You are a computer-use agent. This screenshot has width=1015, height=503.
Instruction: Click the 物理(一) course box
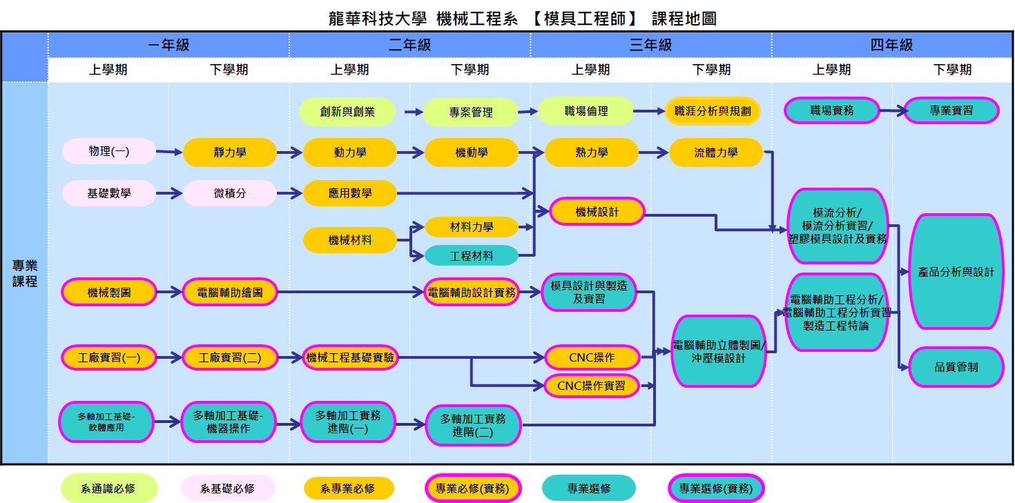pyautogui.click(x=109, y=152)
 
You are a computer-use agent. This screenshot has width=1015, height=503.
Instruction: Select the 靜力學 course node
pyautogui.click(x=230, y=152)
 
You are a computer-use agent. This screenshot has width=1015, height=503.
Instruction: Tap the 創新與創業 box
pyautogui.click(x=347, y=112)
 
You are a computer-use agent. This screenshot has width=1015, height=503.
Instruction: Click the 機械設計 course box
pyautogui.click(x=597, y=212)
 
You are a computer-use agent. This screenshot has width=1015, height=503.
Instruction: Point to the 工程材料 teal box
pyautogui.click(x=472, y=256)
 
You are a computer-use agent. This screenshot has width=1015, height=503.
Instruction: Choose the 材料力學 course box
pyautogui.click(x=472, y=226)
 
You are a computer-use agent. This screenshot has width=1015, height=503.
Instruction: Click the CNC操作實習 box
pyautogui.click(x=591, y=385)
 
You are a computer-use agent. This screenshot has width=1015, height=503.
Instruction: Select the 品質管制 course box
pyautogui.click(x=956, y=367)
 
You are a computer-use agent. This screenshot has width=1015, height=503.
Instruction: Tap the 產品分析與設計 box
pyautogui.click(x=956, y=272)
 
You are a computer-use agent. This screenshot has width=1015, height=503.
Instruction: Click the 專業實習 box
pyautogui.click(x=951, y=110)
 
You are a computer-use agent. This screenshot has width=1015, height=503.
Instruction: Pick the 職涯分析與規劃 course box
pyautogui.click(x=713, y=110)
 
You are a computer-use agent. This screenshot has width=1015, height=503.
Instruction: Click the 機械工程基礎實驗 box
pyautogui.click(x=350, y=357)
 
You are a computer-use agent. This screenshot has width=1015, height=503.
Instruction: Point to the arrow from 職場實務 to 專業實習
pyautogui.click(x=891, y=110)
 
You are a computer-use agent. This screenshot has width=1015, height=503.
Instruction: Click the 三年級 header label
pyautogui.click(x=650, y=45)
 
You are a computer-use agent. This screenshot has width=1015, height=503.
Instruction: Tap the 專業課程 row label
pyautogui.click(x=25, y=273)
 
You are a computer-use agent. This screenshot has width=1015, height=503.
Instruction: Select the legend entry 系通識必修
pyautogui.click(x=108, y=489)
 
